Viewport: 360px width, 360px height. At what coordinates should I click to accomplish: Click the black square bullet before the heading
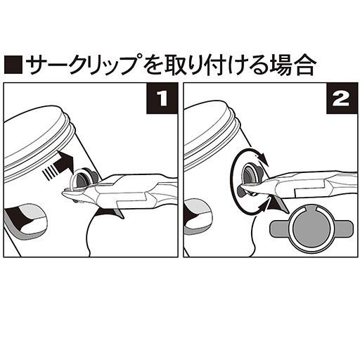13,65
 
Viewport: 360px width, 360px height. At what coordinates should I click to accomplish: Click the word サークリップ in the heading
84,65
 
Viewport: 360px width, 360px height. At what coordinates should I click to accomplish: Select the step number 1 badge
162,98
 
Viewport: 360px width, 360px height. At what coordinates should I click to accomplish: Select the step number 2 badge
342,98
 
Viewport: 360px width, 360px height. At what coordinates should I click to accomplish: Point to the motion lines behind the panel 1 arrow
50,173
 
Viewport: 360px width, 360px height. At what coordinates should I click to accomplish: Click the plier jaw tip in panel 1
63,193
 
